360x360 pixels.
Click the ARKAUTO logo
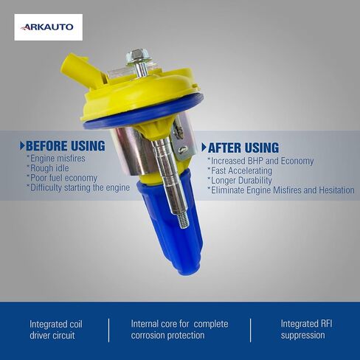coord(48,27)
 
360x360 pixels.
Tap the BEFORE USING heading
coord(66,146)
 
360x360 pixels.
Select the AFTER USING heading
coord(243,148)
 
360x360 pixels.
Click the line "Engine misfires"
coord(56,159)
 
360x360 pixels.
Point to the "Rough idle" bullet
coord(48,168)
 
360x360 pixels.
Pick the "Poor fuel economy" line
coord(62,178)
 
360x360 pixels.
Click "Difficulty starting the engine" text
coord(78,188)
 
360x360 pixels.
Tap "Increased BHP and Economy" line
coord(260,161)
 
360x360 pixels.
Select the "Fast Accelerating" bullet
coord(240,170)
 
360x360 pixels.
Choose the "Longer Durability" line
coord(240,180)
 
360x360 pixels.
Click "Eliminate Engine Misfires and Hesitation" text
coord(281,190)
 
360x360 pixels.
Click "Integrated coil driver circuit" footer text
coord(56,330)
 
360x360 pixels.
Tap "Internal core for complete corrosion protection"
coord(179,330)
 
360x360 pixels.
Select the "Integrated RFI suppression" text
coord(306,330)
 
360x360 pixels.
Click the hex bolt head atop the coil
coord(136,58)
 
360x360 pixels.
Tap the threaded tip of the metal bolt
coord(182,220)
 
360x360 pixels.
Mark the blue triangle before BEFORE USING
coord(22,146)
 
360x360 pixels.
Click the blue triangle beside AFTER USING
coord(204,148)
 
